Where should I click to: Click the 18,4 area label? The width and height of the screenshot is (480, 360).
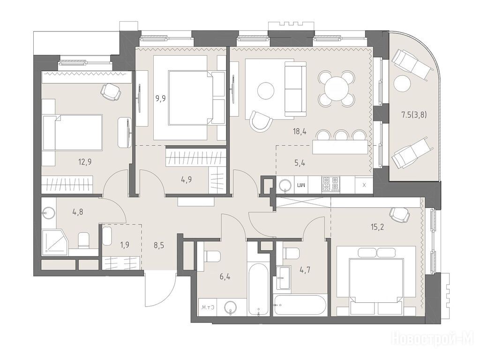300,132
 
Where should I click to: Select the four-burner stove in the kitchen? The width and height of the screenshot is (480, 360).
330,185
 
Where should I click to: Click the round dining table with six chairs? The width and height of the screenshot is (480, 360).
337,87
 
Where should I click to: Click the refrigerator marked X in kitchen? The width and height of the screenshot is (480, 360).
364,185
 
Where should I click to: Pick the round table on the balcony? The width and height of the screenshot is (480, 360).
402,83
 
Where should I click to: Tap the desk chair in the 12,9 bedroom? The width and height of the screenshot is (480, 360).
111,91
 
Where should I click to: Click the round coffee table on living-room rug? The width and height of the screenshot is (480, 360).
266,90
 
